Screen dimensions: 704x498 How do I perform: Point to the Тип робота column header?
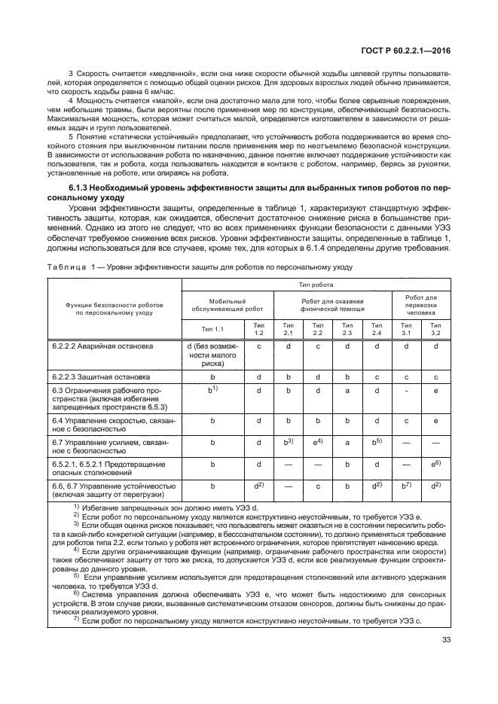(x=316, y=285)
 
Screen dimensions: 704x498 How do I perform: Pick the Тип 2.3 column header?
(x=347, y=328)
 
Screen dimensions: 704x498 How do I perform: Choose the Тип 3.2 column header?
(x=435, y=328)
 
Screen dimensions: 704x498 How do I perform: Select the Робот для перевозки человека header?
(x=421, y=304)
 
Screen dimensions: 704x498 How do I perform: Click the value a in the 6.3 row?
(x=347, y=390)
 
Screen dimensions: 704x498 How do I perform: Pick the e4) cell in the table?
(x=318, y=441)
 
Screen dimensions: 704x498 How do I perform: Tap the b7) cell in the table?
(x=406, y=486)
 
